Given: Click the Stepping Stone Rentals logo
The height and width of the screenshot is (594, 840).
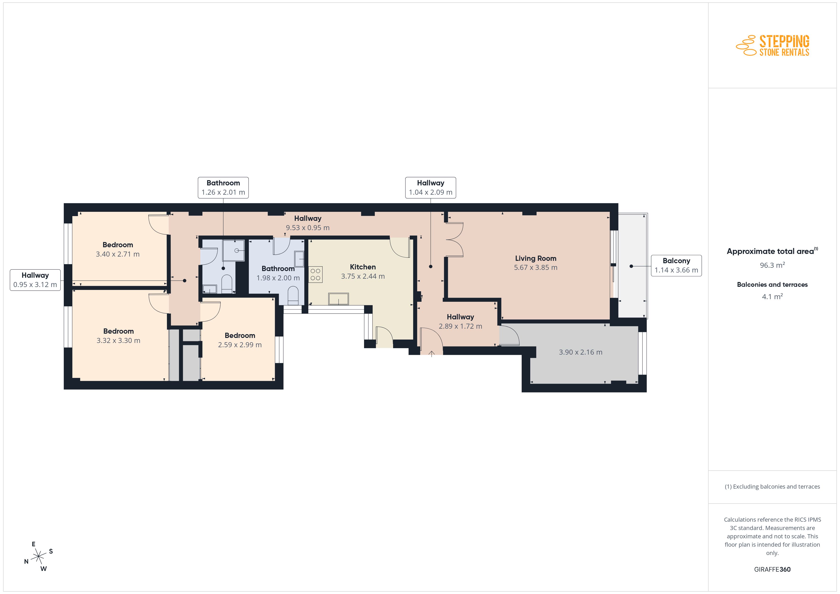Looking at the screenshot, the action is (x=772, y=45).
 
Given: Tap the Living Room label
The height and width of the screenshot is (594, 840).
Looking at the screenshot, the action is (x=536, y=258).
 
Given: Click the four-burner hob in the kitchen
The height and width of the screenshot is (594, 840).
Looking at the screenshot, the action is (x=315, y=275).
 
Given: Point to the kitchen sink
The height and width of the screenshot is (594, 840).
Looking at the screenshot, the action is (x=338, y=299).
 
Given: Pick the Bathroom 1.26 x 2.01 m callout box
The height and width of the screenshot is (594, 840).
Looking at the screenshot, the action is (x=223, y=188).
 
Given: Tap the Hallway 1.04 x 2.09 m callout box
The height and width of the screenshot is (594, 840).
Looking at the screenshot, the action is (x=431, y=188).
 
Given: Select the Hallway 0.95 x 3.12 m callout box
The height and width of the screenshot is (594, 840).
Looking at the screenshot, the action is (x=35, y=280).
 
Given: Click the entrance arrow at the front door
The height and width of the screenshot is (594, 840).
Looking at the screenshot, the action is (x=432, y=354).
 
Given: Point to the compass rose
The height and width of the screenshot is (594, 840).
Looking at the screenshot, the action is (x=38, y=557).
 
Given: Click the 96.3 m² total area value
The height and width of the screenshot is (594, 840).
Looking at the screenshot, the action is (x=772, y=265).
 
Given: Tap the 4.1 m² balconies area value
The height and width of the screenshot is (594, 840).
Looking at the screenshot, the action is (x=772, y=296).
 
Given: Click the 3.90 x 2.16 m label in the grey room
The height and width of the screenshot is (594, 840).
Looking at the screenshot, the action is (x=581, y=352).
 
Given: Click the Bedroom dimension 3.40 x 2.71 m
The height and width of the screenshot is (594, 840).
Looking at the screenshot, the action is (x=118, y=254).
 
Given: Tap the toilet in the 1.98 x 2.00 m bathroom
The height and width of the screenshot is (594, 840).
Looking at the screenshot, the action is (x=293, y=296).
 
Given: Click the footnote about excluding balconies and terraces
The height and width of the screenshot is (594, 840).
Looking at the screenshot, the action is (x=772, y=486).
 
